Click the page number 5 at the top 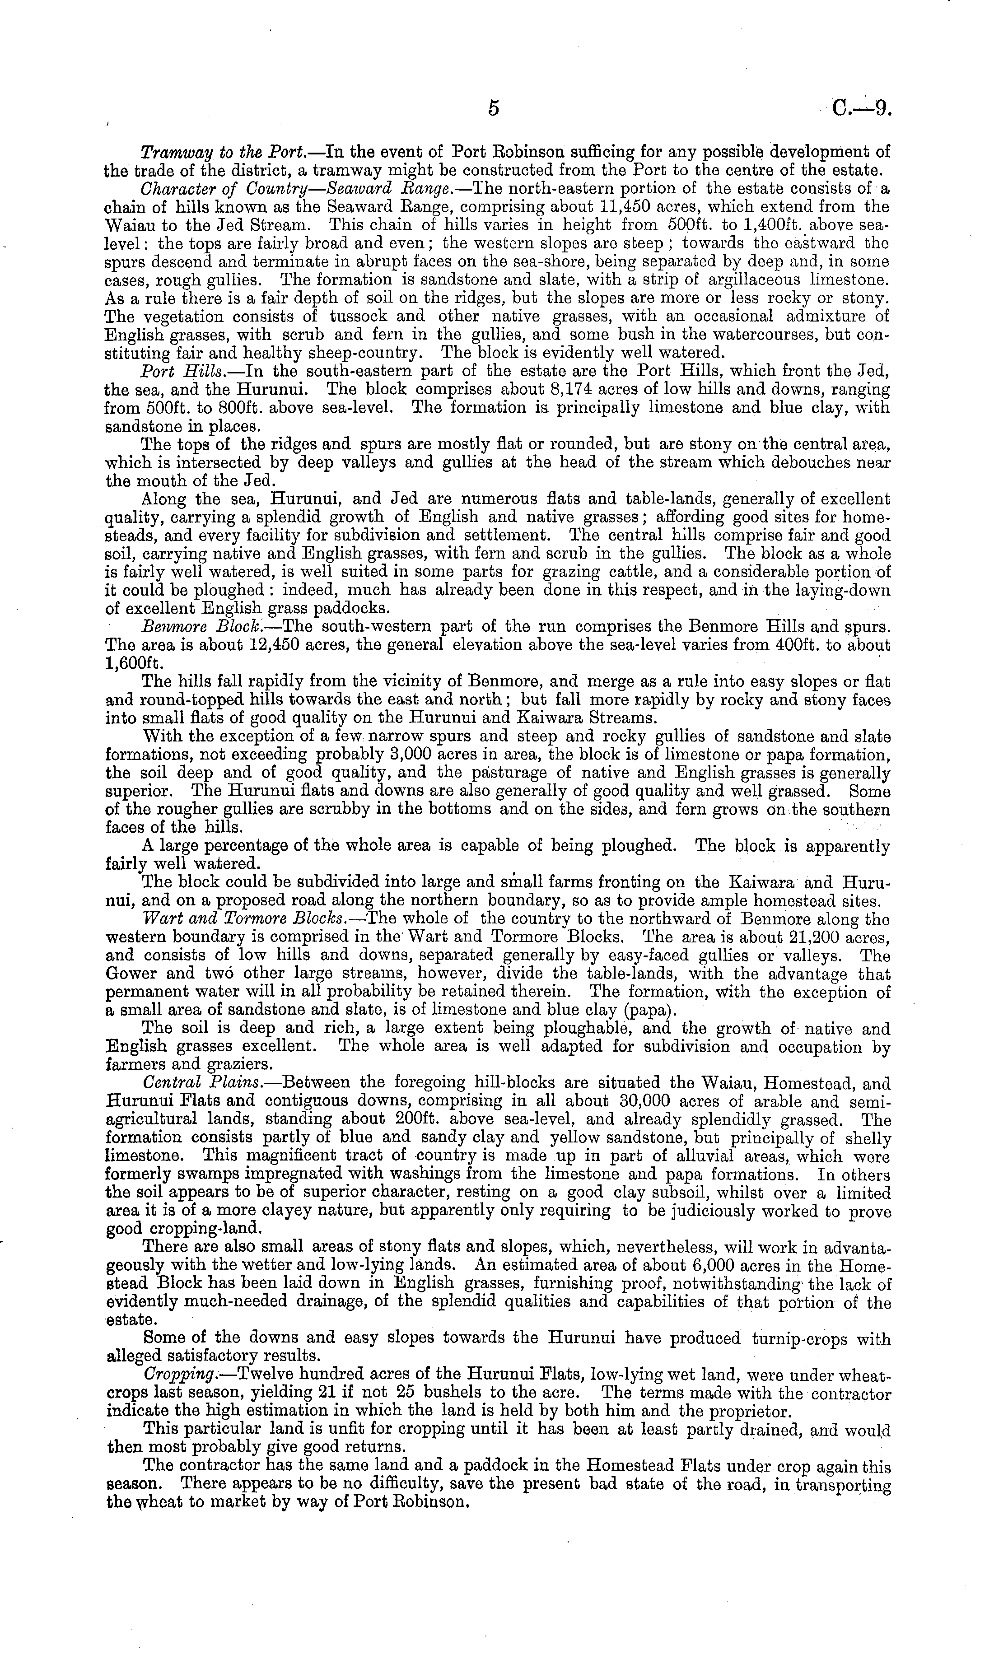click(494, 108)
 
